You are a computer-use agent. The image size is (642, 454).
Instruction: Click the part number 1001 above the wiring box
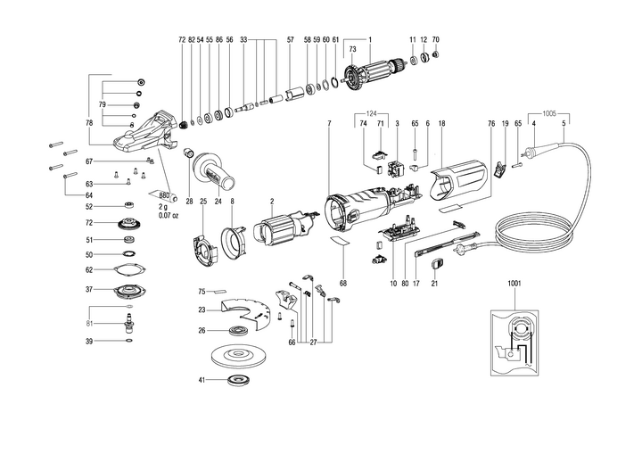[x=514, y=283]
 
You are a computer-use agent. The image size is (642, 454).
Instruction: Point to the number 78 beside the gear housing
[x=89, y=122]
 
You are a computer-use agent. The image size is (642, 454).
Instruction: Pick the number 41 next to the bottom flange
[x=202, y=381]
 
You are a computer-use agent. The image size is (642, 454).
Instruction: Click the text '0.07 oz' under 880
[x=169, y=216]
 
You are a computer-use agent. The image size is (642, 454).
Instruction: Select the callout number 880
[x=164, y=195]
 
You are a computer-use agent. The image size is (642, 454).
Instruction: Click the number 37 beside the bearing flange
[x=89, y=290]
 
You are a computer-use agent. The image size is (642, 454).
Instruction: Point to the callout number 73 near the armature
[x=352, y=49]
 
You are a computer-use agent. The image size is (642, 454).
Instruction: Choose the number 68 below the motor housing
[x=342, y=284]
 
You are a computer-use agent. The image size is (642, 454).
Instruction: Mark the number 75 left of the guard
[x=202, y=291]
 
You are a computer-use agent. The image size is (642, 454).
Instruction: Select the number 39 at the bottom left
[x=89, y=342]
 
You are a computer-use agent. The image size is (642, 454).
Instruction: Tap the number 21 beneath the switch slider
[x=435, y=284]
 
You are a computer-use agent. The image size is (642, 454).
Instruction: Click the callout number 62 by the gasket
[x=89, y=269]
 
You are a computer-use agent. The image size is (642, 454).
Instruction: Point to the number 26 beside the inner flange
[x=202, y=330]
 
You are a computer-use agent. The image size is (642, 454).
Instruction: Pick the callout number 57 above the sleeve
[x=290, y=40]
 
